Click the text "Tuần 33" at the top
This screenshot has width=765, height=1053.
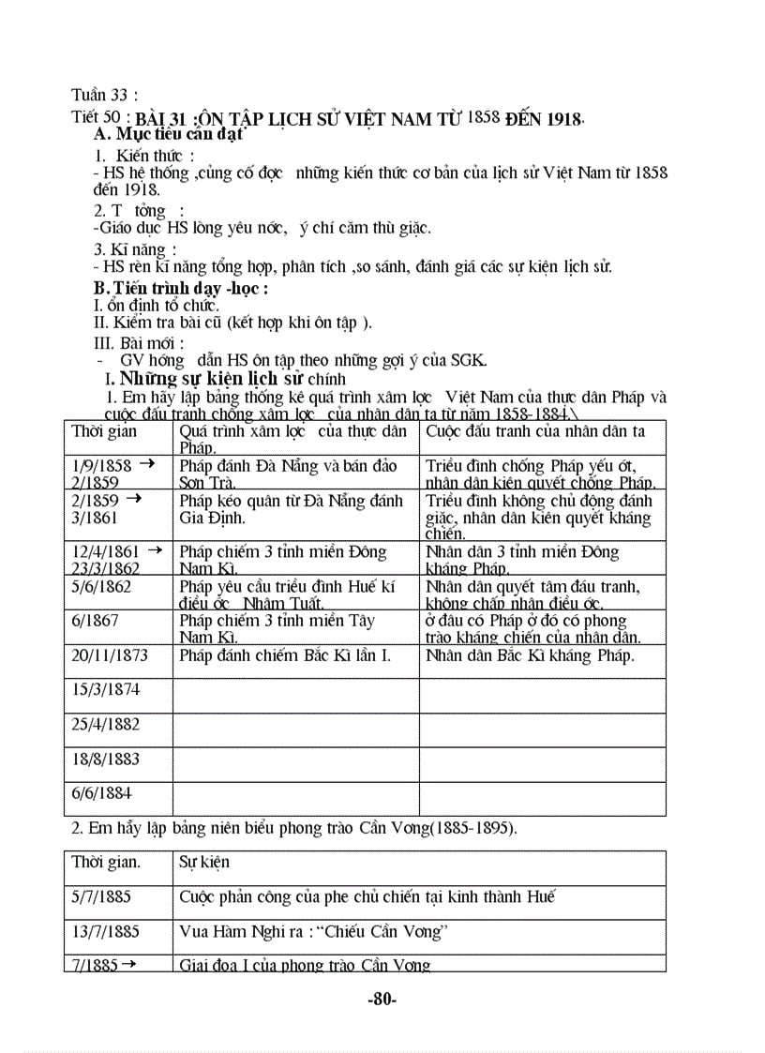(x=104, y=95)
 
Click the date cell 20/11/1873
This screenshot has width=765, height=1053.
(x=110, y=656)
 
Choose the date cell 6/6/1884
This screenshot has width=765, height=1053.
(x=101, y=793)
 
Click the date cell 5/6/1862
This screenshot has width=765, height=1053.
(x=101, y=587)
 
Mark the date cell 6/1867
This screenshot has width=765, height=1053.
(x=93, y=621)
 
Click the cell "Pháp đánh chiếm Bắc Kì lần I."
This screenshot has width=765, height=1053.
(x=285, y=656)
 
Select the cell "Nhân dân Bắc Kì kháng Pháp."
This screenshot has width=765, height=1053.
(x=530, y=656)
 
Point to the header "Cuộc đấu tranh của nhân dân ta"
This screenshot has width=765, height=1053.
(x=535, y=431)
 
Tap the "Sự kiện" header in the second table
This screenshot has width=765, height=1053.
(x=203, y=862)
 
